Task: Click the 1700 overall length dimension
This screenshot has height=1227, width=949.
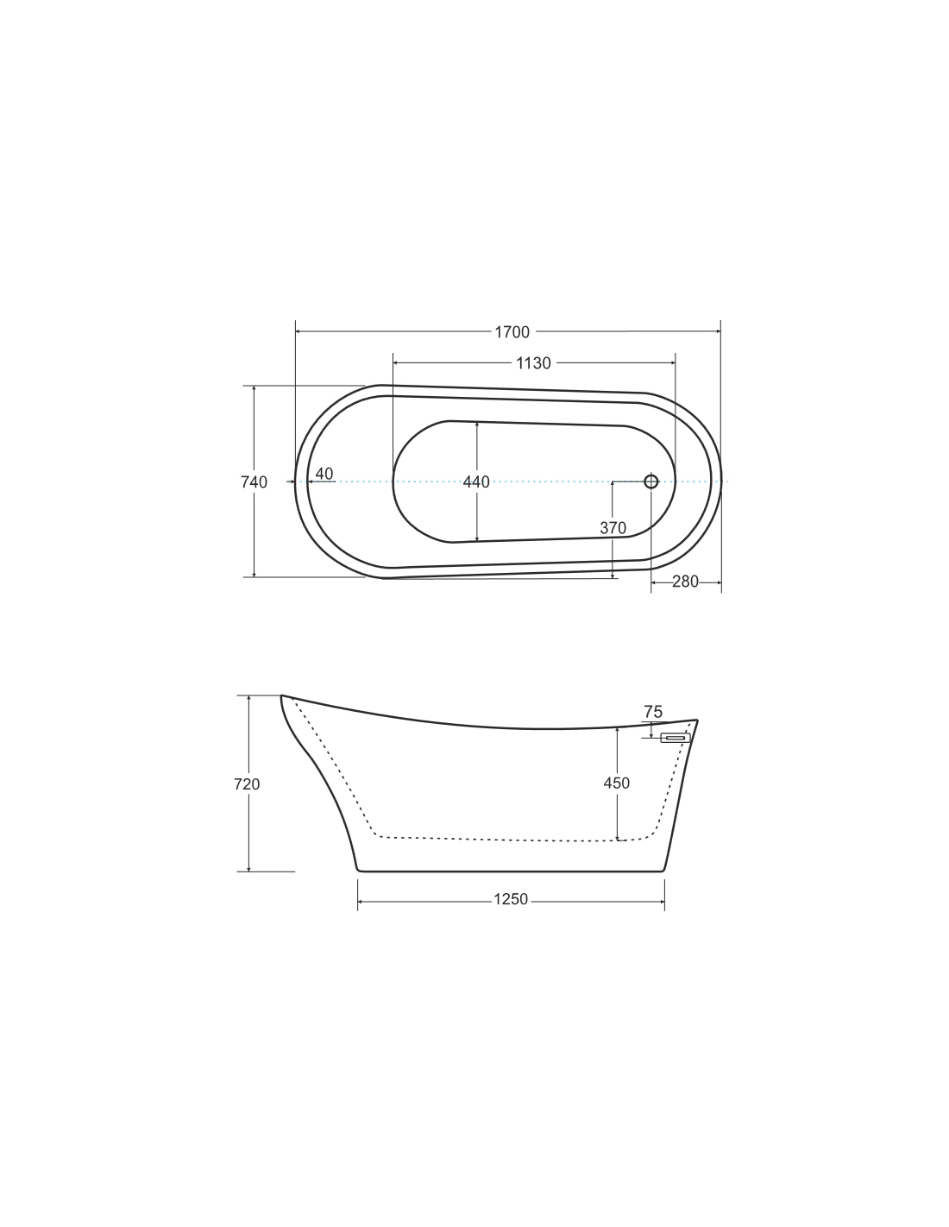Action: [x=512, y=332]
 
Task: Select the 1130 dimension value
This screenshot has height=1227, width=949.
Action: [x=533, y=363]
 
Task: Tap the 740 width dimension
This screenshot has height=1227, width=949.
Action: [x=254, y=481]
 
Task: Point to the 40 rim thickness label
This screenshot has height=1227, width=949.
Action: [x=324, y=474]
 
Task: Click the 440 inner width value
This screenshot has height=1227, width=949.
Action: [x=476, y=481]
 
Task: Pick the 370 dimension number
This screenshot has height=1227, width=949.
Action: [x=613, y=528]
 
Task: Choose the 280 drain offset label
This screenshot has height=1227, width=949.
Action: [x=685, y=582]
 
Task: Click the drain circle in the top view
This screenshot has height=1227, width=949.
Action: [x=650, y=481]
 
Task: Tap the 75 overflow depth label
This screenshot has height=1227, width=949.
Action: [x=653, y=712]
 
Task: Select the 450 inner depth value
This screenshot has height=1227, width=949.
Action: [x=617, y=783]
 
